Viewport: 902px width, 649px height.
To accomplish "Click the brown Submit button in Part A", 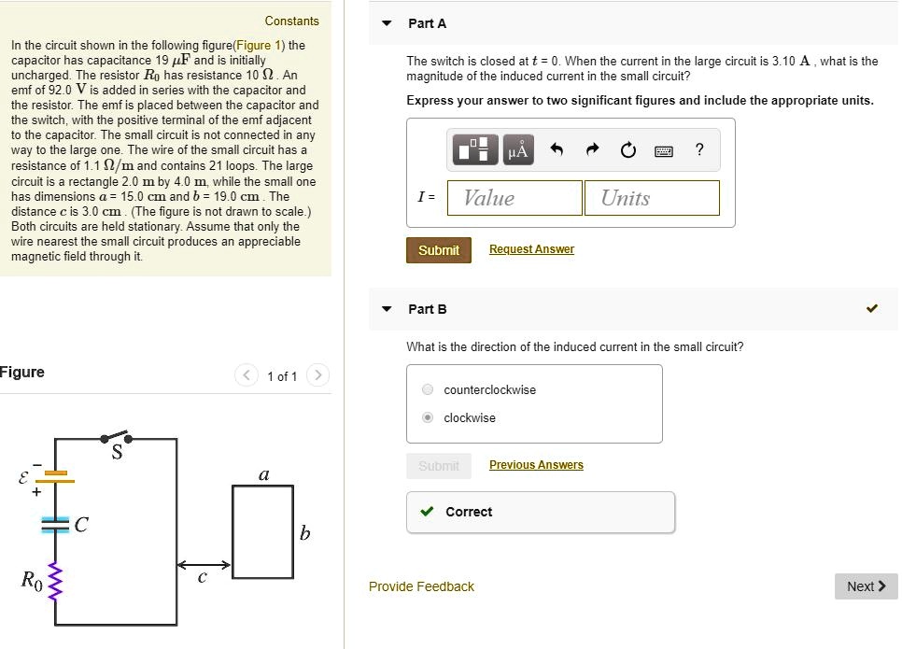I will (x=438, y=250).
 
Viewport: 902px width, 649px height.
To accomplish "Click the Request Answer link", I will (x=531, y=249).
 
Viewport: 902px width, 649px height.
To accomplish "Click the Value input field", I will (x=514, y=198).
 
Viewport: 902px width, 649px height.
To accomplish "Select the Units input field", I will (x=652, y=198).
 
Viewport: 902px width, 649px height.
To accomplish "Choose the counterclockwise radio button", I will (x=428, y=389).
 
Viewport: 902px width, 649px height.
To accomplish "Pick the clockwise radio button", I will (x=428, y=417).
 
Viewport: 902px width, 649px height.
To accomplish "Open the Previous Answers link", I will (x=536, y=465).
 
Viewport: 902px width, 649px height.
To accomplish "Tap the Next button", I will (x=866, y=586).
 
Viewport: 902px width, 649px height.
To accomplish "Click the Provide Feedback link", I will (x=421, y=586).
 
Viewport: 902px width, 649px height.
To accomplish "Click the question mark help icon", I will (x=700, y=149).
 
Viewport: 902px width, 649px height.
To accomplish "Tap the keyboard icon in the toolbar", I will (x=664, y=150).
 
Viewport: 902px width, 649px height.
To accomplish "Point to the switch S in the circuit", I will (x=116, y=439).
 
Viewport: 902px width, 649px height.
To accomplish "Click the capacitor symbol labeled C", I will (x=56, y=525).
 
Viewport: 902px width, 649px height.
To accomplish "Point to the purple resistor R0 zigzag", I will (x=54, y=581).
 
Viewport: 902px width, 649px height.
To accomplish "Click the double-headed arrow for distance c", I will (x=204, y=565).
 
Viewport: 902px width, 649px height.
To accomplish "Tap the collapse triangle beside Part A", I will (x=387, y=23).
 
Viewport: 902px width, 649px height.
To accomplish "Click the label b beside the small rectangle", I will (x=304, y=533).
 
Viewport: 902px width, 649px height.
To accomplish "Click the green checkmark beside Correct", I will (x=427, y=512).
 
